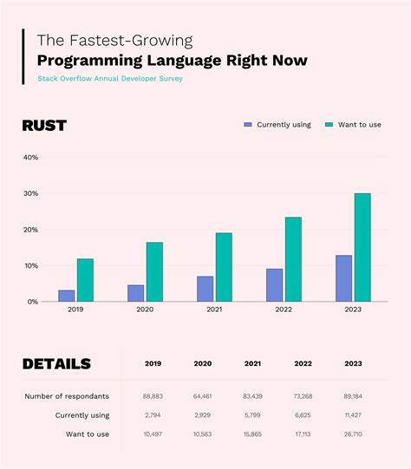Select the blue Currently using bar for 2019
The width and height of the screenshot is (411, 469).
66,296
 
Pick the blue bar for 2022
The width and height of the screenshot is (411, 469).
274,285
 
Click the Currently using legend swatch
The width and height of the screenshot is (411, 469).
248,125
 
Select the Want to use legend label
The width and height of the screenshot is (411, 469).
359,125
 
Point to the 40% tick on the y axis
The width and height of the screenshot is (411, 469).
30,158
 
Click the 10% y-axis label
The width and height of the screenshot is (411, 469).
30,265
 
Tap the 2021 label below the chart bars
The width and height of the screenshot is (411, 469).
213,309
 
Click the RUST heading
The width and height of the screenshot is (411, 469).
44,126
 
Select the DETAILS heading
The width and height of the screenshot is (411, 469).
56,364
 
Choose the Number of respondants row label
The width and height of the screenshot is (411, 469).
67,396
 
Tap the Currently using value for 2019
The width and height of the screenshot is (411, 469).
153,415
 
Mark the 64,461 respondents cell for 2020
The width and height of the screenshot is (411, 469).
202,396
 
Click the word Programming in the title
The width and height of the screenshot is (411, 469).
89,60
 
